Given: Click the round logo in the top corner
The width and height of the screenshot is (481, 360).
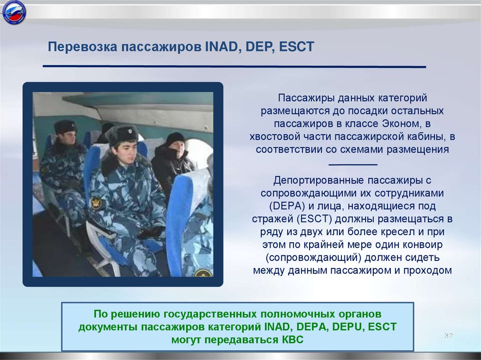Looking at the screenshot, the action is click(14, 13).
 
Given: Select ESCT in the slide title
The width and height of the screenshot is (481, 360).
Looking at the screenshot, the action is click(297, 47).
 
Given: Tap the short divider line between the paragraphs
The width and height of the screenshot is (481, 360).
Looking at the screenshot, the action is click(353, 165).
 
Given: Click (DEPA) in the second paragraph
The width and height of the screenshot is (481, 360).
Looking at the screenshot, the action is click(287, 206).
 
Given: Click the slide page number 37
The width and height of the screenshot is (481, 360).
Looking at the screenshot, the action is click(449, 336).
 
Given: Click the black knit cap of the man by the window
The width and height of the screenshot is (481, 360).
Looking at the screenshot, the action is click(175, 138).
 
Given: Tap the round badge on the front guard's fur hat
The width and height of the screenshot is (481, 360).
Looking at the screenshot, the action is click(130, 131).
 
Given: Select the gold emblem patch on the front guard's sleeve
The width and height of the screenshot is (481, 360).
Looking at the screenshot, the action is click(96, 203).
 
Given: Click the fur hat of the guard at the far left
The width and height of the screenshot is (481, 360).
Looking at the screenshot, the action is click(65, 126).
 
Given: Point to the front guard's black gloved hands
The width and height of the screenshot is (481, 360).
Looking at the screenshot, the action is click(152, 232).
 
